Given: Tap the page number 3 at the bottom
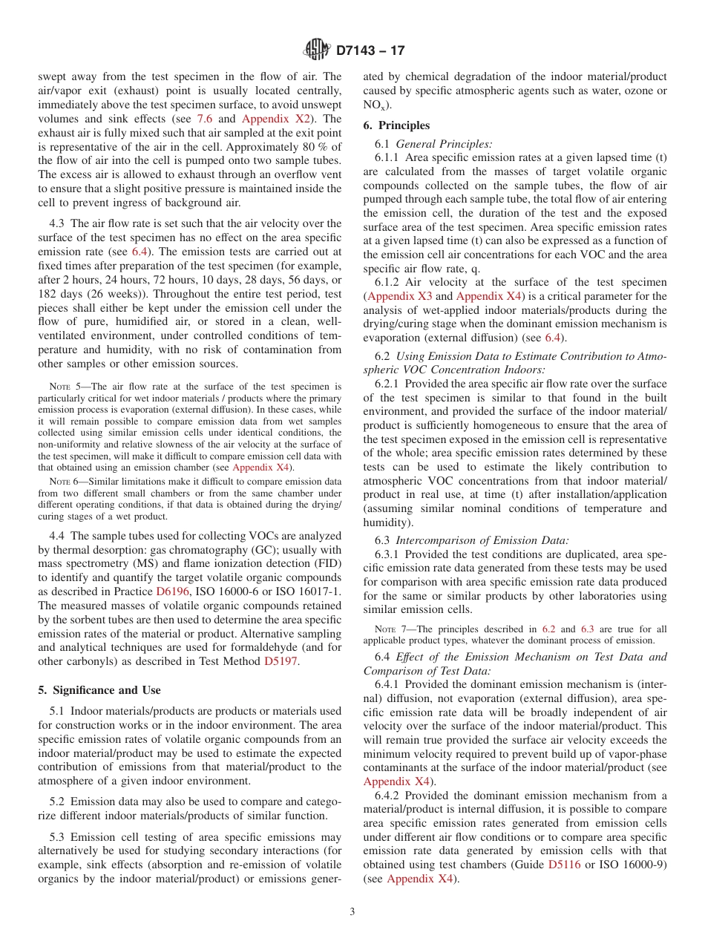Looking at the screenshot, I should pyautogui.click(x=352, y=912).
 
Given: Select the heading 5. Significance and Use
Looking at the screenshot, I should pyautogui.click(x=99, y=690).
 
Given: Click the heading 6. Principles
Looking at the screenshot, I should pyautogui.click(x=396, y=125).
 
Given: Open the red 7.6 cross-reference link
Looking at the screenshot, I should pyautogui.click(x=206, y=119).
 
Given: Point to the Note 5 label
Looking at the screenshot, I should pyautogui.click(x=59, y=387).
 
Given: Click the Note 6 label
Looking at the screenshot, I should pyautogui.click(x=59, y=482).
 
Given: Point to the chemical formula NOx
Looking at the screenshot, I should pyautogui.click(x=373, y=106).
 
